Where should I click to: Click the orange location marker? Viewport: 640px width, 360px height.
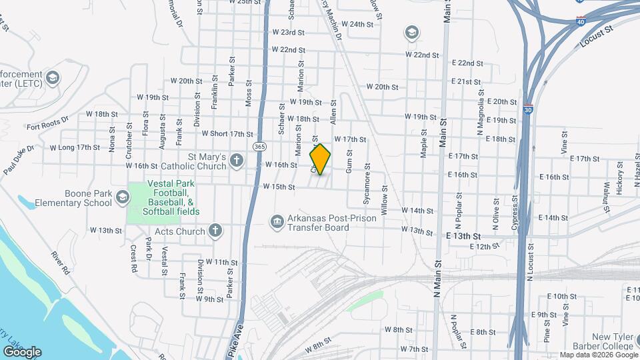(x=321, y=159)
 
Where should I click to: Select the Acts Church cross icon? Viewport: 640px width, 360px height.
(x=214, y=231)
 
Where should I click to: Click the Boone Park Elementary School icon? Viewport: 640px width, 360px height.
(x=122, y=197)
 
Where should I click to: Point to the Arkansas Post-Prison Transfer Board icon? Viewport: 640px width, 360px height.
(x=277, y=221)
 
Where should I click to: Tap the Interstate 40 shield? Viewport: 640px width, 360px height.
(x=581, y=21)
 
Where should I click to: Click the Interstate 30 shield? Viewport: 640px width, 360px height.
(x=527, y=109)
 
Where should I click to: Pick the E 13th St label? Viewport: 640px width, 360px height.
(x=463, y=236)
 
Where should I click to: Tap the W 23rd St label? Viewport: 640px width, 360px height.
(x=288, y=32)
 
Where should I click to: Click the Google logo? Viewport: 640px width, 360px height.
(x=22, y=351)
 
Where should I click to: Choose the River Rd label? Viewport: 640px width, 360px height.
(x=61, y=263)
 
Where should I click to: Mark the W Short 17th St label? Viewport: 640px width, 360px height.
(x=227, y=133)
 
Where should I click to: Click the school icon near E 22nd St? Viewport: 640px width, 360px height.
(x=411, y=33)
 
